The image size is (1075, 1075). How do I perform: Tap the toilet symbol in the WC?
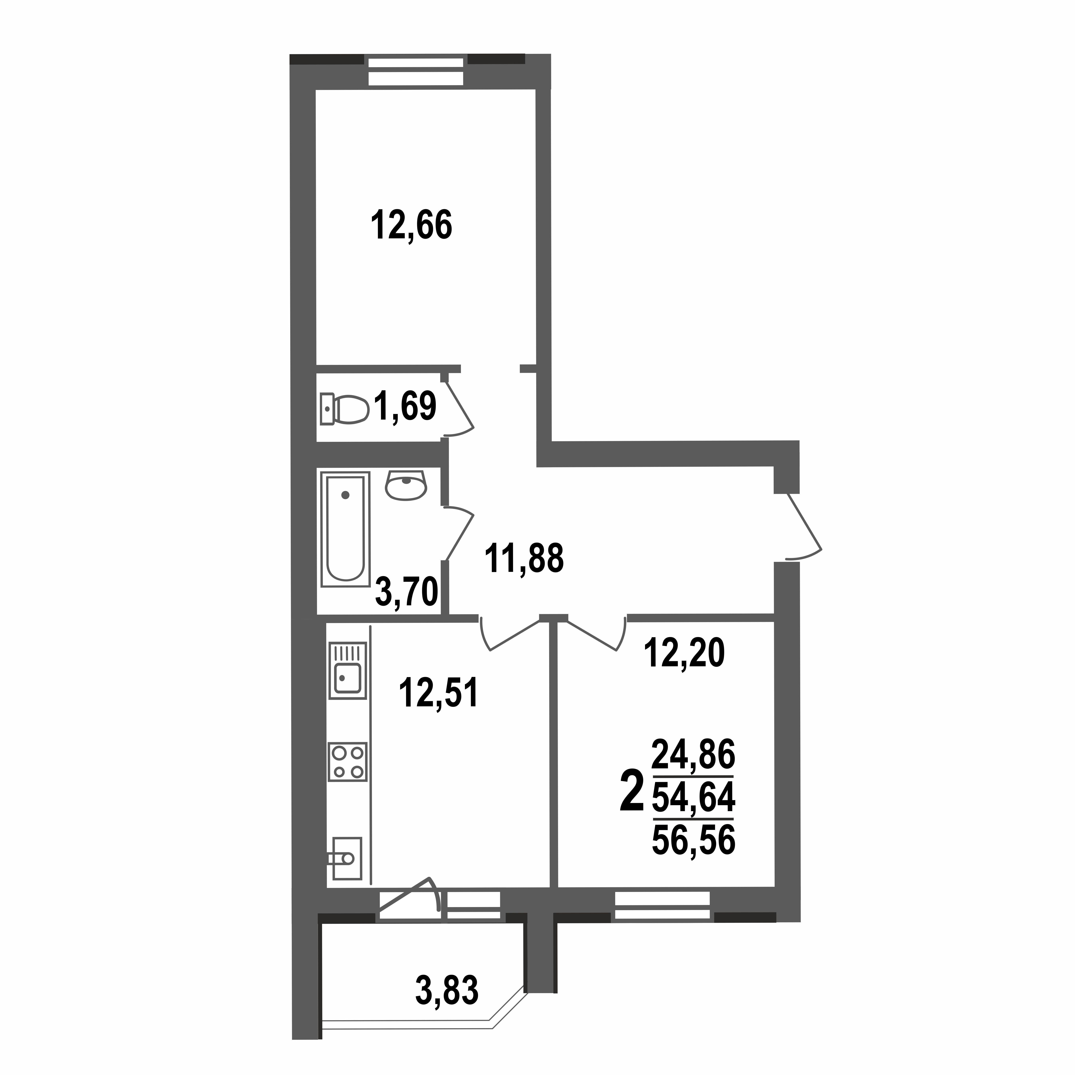point(345,409)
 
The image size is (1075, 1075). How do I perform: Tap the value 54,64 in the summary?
point(693,797)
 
